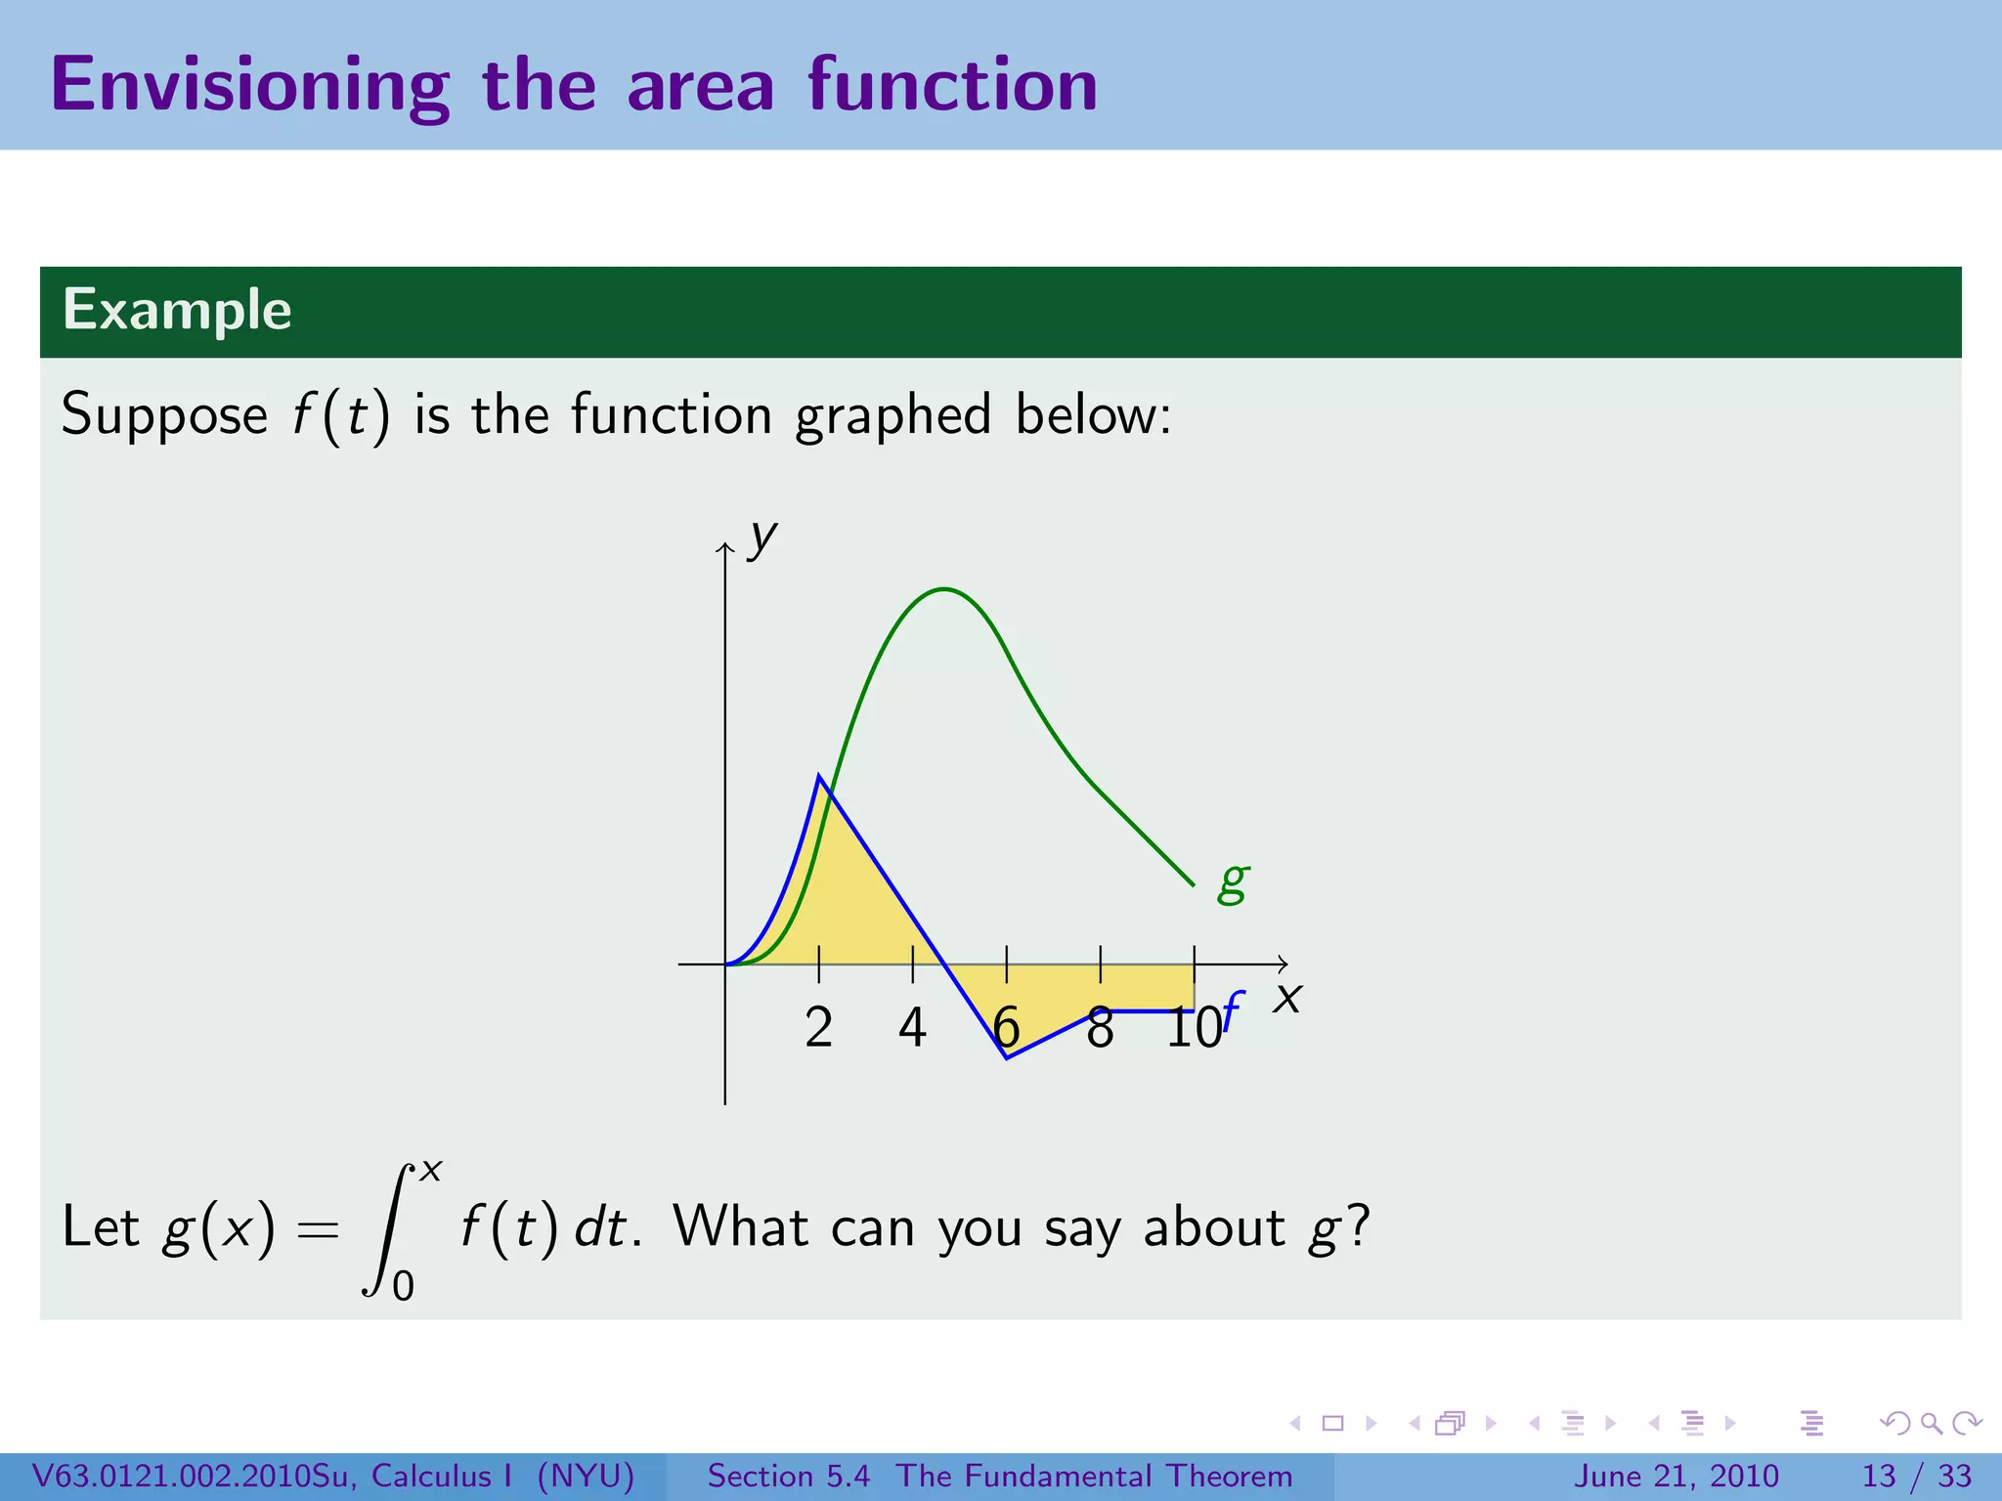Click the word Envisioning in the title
(249, 86)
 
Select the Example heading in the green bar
(177, 310)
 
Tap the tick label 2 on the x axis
(819, 1028)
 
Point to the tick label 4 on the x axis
(912, 1028)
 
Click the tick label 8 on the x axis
(1100, 1028)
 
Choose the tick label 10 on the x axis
(1193, 1028)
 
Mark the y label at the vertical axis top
(762, 537)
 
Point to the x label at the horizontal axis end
(1287, 999)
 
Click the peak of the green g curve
(944, 589)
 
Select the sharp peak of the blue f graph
(819, 776)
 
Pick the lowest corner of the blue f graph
(1007, 1057)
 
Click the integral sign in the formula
(389, 1229)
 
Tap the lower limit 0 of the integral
(403, 1286)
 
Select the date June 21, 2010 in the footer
(1676, 1476)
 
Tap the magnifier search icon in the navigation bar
(1931, 1423)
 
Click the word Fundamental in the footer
(1062, 1476)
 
